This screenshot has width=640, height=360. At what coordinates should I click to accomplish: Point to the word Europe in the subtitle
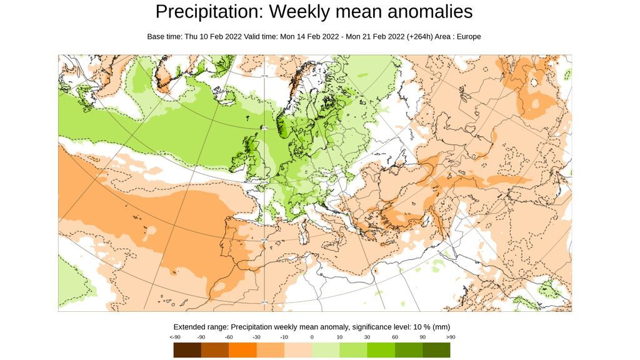[x=469, y=36]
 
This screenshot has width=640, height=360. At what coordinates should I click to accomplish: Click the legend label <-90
[x=174, y=337]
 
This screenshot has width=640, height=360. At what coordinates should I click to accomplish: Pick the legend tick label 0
[x=312, y=337]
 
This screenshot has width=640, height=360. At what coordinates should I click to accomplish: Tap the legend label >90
[x=451, y=337]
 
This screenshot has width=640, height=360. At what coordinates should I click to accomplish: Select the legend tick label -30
[x=256, y=337]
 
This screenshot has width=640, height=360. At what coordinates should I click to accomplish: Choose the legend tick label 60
[x=395, y=337]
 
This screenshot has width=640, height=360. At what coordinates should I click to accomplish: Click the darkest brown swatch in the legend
[x=187, y=350]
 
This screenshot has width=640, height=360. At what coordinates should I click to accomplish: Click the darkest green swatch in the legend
[x=436, y=350]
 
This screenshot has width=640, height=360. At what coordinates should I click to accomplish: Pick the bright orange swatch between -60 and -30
[x=242, y=350]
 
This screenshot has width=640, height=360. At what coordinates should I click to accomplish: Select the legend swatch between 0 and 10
[x=326, y=350]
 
